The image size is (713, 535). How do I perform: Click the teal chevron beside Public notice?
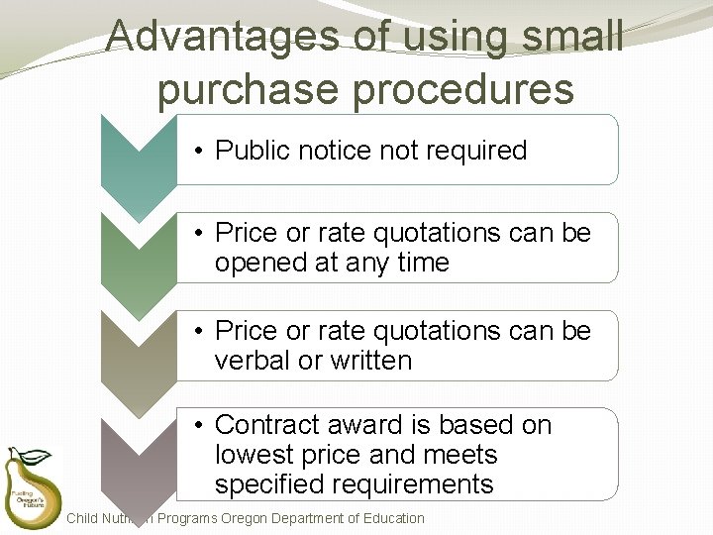pyautogui.click(x=139, y=159)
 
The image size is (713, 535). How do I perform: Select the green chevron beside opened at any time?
pyautogui.click(x=139, y=256)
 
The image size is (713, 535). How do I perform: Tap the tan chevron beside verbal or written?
pyautogui.click(x=139, y=353)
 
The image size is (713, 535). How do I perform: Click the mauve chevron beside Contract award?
pyautogui.click(x=139, y=451)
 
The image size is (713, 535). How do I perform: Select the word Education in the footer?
pyautogui.click(x=391, y=518)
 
